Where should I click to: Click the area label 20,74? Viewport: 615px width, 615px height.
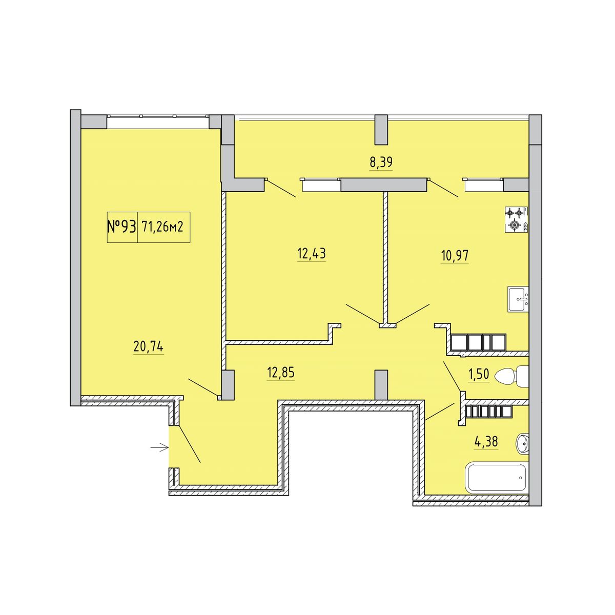(x=149, y=346)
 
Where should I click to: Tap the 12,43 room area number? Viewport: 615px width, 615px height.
(x=312, y=254)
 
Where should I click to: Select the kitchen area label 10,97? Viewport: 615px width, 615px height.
(x=455, y=255)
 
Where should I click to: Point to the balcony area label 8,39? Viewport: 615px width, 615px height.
(x=381, y=162)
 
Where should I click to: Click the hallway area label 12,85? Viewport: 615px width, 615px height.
(x=281, y=373)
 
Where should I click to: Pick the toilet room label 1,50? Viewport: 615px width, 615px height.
(x=478, y=374)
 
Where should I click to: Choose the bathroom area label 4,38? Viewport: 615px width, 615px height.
(x=486, y=442)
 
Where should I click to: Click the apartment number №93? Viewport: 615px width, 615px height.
(x=122, y=227)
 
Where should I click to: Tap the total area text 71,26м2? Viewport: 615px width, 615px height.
(x=163, y=227)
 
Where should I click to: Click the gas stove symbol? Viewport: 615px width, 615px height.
(x=516, y=219)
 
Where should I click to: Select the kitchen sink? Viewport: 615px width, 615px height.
(x=518, y=299)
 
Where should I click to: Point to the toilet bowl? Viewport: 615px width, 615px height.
(x=511, y=377)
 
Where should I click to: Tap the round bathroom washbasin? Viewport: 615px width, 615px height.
(x=522, y=443)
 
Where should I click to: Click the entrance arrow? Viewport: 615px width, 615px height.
(x=159, y=448)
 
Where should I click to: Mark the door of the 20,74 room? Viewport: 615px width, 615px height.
(x=203, y=388)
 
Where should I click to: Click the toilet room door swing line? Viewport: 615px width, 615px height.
(x=452, y=377)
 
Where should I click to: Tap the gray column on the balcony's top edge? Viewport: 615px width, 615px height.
(x=381, y=130)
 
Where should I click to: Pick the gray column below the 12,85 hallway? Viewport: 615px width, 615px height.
(x=381, y=384)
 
